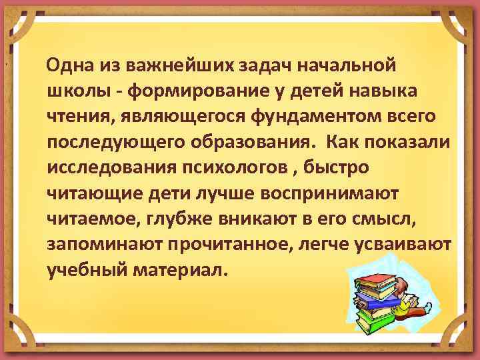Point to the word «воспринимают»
tap(329, 193)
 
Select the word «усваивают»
tap(410, 244)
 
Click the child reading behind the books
tap(411, 297)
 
